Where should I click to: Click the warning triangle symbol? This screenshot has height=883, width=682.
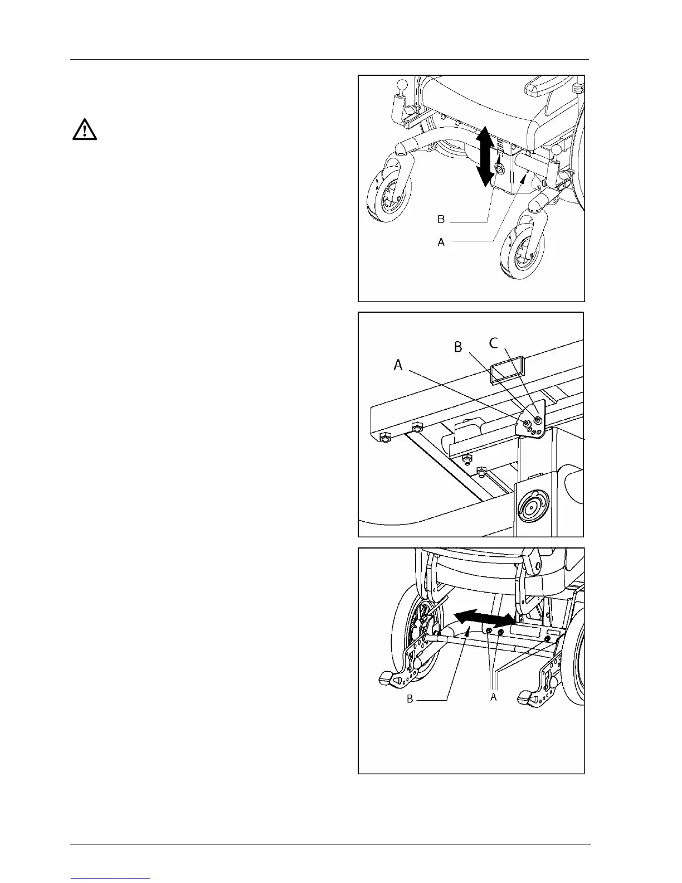click(85, 129)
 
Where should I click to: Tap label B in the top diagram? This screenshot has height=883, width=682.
click(441, 220)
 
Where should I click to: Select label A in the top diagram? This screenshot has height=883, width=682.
click(441, 242)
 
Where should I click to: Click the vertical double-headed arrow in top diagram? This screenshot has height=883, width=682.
click(485, 156)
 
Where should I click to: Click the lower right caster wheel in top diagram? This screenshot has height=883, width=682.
click(520, 247)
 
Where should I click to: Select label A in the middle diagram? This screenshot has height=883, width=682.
click(398, 365)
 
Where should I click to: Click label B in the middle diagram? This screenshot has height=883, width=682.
click(458, 347)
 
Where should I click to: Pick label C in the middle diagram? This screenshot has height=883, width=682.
click(494, 343)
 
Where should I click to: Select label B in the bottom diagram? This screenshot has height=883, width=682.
click(410, 698)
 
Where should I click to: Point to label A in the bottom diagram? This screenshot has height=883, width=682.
click(493, 697)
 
